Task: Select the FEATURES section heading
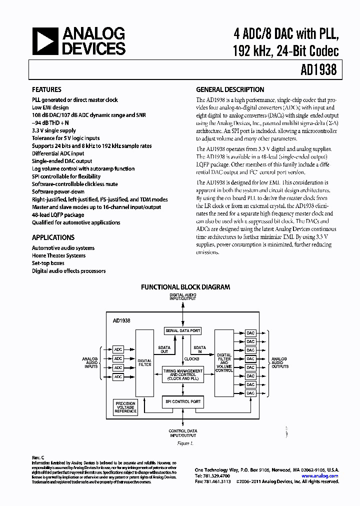tap(46, 89)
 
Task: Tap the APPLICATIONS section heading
tap(53, 237)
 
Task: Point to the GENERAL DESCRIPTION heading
tap(230, 89)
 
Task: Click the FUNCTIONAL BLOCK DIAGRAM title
tap(185, 287)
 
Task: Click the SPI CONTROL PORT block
tap(182, 401)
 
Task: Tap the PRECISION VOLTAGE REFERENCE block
tap(125, 407)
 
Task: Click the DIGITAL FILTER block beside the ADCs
tap(144, 361)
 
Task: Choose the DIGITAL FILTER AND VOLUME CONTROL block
tap(224, 360)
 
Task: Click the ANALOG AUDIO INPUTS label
tap(90, 362)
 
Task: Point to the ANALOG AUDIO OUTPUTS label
tap(279, 362)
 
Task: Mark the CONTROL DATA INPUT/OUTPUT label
tap(182, 433)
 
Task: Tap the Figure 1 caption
tap(184, 443)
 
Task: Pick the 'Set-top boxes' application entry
tap(48, 263)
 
